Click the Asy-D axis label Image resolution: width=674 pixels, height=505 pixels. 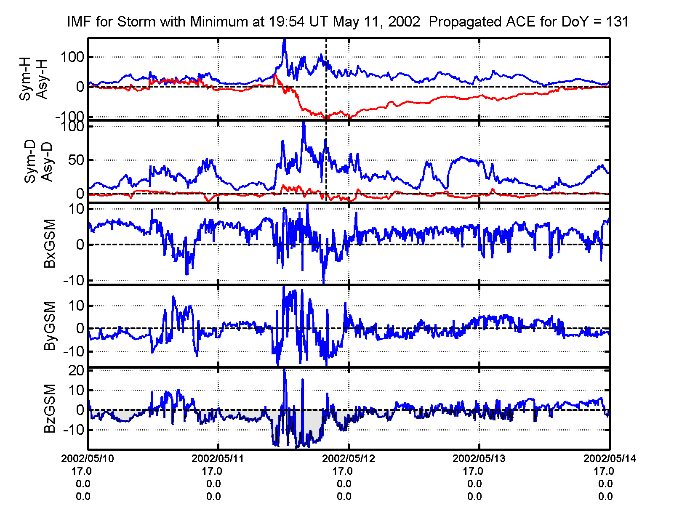(x=47, y=162)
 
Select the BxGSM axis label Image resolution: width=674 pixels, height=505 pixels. (x=50, y=244)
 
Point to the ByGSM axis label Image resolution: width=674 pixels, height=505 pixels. (x=50, y=326)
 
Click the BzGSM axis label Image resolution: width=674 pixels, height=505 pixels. (x=50, y=409)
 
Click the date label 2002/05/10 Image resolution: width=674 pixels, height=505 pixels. (x=88, y=458)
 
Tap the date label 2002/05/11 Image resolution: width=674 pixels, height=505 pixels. (x=218, y=458)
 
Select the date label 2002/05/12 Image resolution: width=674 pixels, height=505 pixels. (x=348, y=458)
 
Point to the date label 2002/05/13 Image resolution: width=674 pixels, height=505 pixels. (x=479, y=458)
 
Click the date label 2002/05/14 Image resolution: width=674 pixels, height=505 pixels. (x=609, y=458)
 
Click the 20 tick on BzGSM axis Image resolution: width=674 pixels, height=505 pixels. (x=76, y=371)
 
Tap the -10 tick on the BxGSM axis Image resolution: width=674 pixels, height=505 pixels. (x=74, y=281)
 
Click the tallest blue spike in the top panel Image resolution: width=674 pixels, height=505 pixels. (x=285, y=40)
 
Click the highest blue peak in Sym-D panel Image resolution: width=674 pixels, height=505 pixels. (x=304, y=123)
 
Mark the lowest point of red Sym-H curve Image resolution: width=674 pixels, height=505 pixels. (x=325, y=118)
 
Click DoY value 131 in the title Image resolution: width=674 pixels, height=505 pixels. (x=617, y=21)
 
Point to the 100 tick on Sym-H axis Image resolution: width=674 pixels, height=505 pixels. (x=72, y=57)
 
